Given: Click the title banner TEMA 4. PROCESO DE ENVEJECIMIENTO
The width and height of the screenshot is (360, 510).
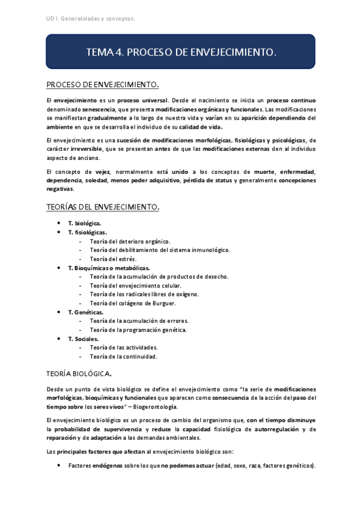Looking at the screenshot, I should [x=181, y=52].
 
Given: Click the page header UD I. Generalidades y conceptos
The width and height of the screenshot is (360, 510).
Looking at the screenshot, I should [x=91, y=19].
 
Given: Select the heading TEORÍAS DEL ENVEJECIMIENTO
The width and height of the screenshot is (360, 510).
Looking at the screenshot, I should [x=103, y=207].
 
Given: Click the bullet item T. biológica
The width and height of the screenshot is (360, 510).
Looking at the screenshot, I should [x=84, y=223].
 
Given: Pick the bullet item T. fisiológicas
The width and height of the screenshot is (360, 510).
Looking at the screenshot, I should [x=88, y=232].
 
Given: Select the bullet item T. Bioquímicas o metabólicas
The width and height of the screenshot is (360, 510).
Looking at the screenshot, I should [x=109, y=268].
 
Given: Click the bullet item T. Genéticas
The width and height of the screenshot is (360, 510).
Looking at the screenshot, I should [x=85, y=312].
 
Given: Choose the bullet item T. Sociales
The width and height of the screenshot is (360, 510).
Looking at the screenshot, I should [x=83, y=339].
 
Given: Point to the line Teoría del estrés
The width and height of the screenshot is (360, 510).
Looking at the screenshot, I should [x=113, y=259].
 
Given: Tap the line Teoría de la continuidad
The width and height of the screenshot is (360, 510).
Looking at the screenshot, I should [x=123, y=356].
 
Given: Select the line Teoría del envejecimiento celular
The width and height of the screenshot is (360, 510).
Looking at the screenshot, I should [x=135, y=285].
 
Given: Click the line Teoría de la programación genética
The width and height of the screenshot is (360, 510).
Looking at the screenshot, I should [x=138, y=330].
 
